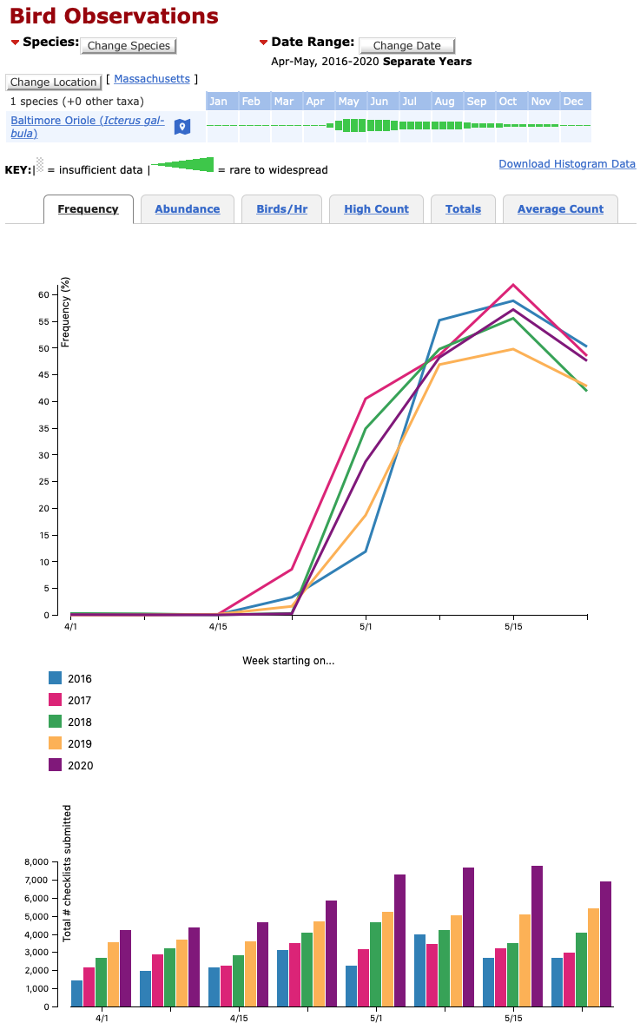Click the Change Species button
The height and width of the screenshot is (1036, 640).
click(129, 45)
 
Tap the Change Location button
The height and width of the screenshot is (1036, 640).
click(53, 82)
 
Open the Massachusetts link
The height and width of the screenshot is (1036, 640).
click(152, 79)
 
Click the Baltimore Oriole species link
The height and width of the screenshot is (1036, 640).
click(87, 127)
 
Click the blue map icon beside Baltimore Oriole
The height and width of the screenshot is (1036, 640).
click(181, 127)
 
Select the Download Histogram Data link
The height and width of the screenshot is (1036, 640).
click(567, 163)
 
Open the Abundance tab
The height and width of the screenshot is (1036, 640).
click(187, 208)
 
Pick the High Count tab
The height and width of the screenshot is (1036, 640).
click(376, 208)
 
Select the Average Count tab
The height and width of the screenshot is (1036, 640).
click(560, 208)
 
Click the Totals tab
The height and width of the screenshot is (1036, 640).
click(463, 208)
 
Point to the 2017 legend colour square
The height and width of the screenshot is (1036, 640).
click(56, 700)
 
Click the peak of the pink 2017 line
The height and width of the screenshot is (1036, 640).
click(513, 285)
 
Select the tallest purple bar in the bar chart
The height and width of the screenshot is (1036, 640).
click(537, 935)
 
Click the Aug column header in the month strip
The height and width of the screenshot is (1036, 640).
click(444, 102)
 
